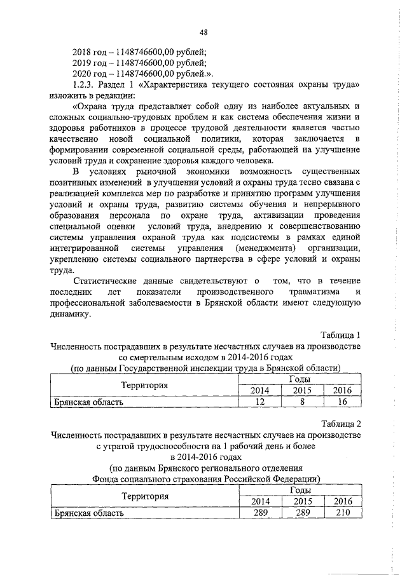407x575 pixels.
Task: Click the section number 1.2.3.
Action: pyautogui.click(x=86, y=85)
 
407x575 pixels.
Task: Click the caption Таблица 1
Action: pyautogui.click(x=340, y=335)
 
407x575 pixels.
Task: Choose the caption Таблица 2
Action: pyautogui.click(x=340, y=424)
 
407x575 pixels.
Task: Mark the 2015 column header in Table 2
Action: pyautogui.click(x=300, y=501)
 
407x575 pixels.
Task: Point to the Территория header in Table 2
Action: pyautogui.click(x=146, y=496)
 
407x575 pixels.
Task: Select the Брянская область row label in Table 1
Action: pyautogui.click(x=88, y=402)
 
